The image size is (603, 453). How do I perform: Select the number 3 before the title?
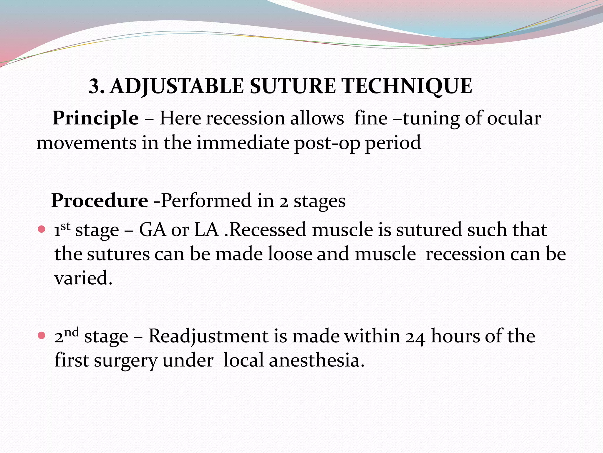[x=95, y=86]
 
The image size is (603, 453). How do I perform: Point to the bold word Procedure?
[x=100, y=201]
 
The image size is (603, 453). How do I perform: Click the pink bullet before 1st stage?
[x=42, y=229]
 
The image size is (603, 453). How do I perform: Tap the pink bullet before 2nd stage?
[x=42, y=335]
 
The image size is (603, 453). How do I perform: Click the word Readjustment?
[x=208, y=336]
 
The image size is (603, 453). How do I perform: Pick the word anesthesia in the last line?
[x=317, y=360]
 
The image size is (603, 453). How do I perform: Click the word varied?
[x=83, y=278]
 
